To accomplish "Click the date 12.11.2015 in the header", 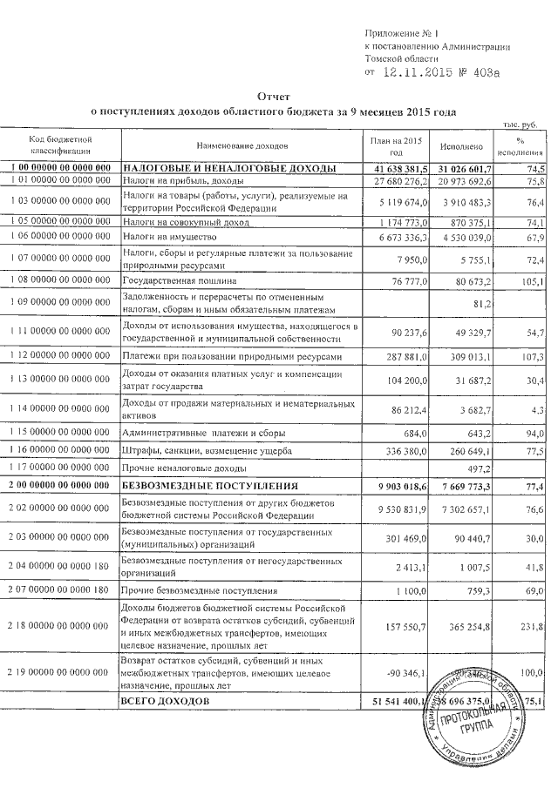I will (x=419, y=73).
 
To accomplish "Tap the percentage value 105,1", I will (x=533, y=282).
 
